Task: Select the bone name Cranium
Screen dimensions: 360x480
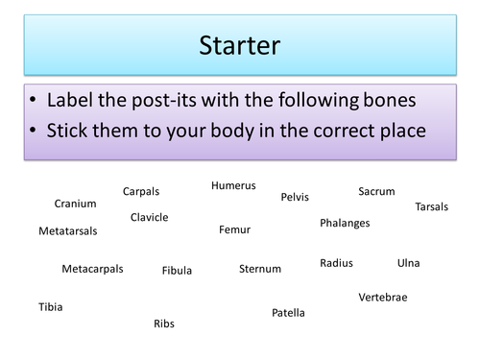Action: (x=75, y=204)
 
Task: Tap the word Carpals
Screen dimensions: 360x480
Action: (x=141, y=191)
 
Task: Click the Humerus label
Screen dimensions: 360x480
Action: (x=233, y=185)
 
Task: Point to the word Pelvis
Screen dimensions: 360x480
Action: (x=295, y=197)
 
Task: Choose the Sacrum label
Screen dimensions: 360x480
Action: (x=376, y=191)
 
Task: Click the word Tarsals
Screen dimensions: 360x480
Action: (x=431, y=206)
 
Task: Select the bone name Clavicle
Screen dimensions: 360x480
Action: (x=149, y=217)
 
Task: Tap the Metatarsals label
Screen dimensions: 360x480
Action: (x=68, y=231)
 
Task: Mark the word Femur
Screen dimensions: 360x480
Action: (x=234, y=229)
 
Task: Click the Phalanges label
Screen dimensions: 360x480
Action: (x=345, y=223)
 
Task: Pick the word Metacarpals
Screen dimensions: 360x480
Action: (x=92, y=269)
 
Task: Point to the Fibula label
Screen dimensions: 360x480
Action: (x=178, y=271)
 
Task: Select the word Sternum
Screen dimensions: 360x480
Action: (x=260, y=269)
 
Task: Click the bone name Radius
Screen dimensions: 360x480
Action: (x=336, y=262)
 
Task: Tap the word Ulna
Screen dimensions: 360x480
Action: (x=408, y=262)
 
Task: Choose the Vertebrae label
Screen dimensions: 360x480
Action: (x=383, y=297)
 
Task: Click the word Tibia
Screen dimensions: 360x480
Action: (x=51, y=307)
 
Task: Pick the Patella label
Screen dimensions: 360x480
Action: (x=288, y=312)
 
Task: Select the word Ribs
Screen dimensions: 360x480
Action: (x=164, y=324)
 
